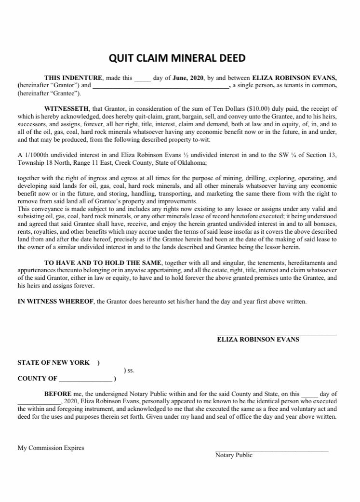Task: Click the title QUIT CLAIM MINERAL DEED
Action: pos(177,58)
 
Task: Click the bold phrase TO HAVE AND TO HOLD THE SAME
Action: pos(104,263)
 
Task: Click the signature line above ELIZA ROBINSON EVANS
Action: pos(277,334)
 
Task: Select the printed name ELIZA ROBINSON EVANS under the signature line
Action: pos(258,339)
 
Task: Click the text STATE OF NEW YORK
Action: pos(54,362)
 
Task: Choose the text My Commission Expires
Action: pos(51,448)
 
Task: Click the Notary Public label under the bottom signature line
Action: pos(234,455)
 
